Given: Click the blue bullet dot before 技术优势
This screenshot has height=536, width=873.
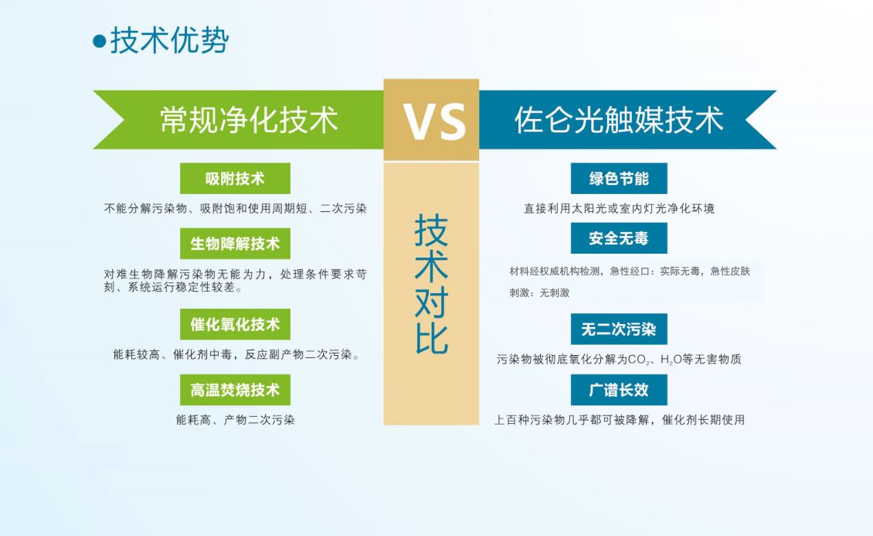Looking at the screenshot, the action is [x=99, y=41].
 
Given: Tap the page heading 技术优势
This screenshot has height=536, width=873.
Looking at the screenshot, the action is [x=170, y=41].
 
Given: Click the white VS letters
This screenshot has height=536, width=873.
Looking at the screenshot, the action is [x=434, y=121].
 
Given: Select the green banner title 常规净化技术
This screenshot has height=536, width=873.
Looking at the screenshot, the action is [x=249, y=120].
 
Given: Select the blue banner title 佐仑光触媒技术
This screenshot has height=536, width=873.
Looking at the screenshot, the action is [x=619, y=120].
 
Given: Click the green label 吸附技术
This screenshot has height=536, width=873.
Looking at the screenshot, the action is [x=235, y=179].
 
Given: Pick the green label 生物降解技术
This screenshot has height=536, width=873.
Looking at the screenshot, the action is [x=235, y=244].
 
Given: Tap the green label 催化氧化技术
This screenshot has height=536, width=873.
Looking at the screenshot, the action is [x=235, y=324].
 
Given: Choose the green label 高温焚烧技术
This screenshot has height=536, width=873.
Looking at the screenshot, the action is [x=235, y=390].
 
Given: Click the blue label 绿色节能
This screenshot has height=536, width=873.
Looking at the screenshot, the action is [x=619, y=179].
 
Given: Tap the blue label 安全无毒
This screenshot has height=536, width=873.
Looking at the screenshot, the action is [x=619, y=238].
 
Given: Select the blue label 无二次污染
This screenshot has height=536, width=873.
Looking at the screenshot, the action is [x=619, y=329].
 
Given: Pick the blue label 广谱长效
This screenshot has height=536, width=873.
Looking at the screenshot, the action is [x=619, y=390].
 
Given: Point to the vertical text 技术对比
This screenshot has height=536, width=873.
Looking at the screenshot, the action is [x=432, y=284].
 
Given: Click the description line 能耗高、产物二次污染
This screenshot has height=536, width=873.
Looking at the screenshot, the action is [x=235, y=419].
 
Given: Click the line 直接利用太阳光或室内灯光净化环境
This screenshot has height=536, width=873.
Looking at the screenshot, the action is [x=619, y=208].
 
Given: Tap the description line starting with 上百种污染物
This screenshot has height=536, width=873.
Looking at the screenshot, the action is [x=619, y=419].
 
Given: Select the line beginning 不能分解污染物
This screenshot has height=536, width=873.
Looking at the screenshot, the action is [x=235, y=208].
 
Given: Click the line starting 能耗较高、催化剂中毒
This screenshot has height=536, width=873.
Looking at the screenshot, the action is [x=236, y=354].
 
